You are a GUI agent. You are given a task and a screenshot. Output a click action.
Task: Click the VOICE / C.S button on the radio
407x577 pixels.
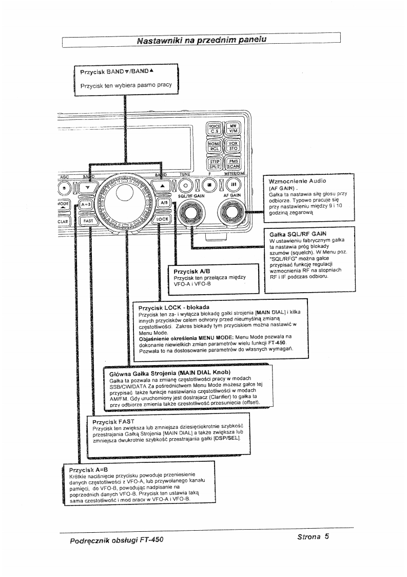[214, 128]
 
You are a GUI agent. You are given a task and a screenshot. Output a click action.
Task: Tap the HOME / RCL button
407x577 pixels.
[214, 146]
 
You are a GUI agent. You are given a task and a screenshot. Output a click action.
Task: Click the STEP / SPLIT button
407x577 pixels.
[214, 164]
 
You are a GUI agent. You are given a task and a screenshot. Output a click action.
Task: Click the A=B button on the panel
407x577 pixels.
[86, 204]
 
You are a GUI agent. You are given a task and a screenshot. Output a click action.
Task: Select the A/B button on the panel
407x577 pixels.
[164, 203]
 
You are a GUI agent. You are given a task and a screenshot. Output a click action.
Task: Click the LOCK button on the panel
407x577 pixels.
[162, 219]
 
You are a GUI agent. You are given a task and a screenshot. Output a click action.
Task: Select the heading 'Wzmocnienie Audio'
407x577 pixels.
[298, 182]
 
